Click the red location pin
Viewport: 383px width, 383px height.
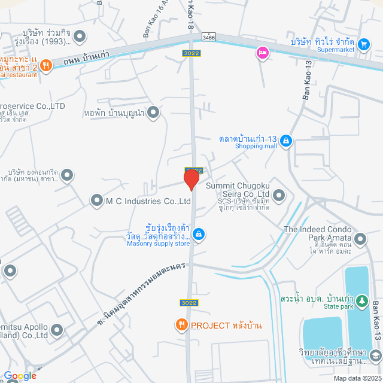(191, 179)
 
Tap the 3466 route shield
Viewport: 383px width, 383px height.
(208, 37)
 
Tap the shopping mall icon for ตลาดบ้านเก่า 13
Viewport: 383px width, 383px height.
(287, 141)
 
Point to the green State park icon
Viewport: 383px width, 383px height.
(361, 299)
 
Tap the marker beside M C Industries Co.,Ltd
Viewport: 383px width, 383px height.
(97, 201)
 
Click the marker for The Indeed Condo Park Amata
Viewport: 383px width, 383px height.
(360, 239)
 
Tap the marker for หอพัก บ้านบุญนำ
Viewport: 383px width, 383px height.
(154, 112)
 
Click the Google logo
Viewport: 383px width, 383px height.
(20, 376)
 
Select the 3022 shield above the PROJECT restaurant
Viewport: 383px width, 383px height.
(187, 303)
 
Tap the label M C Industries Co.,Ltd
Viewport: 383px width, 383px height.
(148, 202)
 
